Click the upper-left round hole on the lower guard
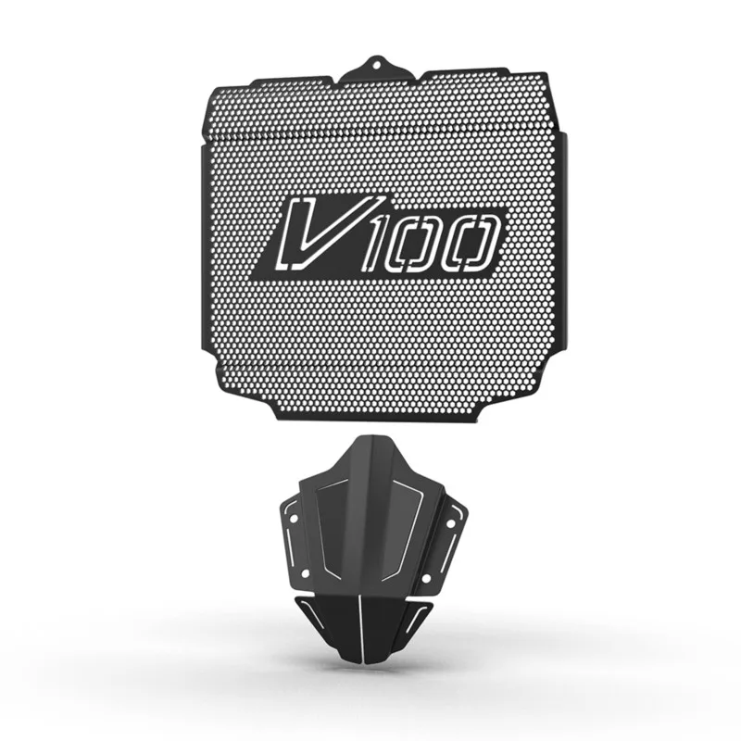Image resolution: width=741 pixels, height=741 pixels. click(x=293, y=519)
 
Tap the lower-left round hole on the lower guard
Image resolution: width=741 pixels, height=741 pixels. click(x=306, y=573)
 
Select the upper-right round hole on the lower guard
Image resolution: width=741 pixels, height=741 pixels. click(x=450, y=523)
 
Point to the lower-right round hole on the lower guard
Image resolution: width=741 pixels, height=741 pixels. click(x=426, y=578)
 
